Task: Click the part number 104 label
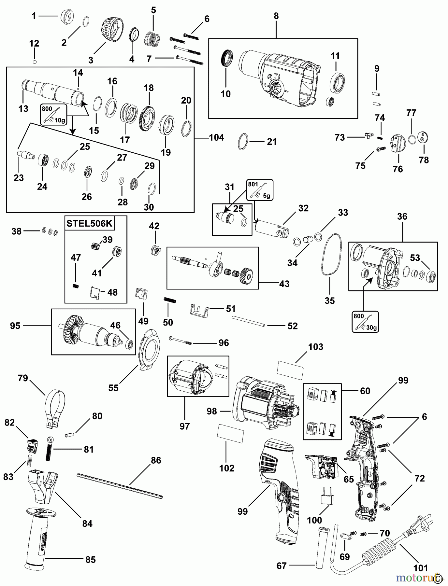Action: tap(217, 138)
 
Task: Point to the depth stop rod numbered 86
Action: tap(119, 486)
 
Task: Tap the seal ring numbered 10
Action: tap(227, 58)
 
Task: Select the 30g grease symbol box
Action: tap(365, 322)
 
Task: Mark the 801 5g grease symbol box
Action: tap(260, 189)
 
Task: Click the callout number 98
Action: tap(212, 412)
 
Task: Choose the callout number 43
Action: tap(284, 284)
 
